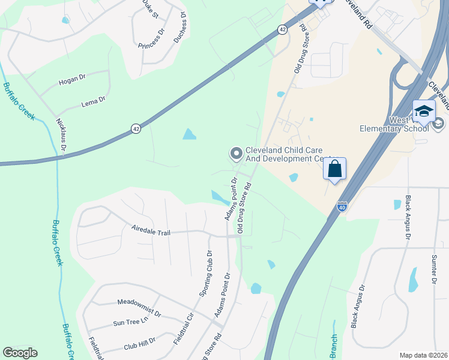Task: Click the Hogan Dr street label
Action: (x=73, y=80)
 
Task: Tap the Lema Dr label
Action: (x=93, y=103)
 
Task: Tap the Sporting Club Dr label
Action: (x=205, y=274)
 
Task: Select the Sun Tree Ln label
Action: (x=130, y=322)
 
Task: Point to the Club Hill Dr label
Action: (x=139, y=343)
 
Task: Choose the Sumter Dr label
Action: (x=433, y=268)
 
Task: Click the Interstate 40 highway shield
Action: (x=342, y=206)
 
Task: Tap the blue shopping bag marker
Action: (x=335, y=169)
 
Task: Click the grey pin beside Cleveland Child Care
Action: (x=236, y=154)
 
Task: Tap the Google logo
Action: (x=20, y=353)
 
